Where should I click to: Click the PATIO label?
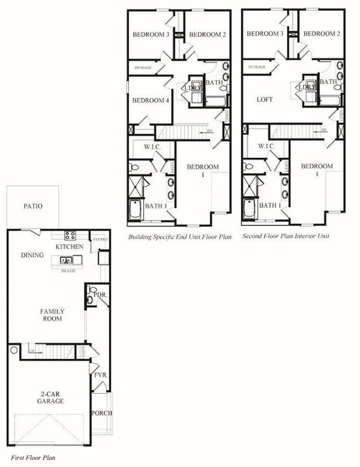pos(33,207)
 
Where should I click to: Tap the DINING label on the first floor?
pos(32,255)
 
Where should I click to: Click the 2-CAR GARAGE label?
pos(50,397)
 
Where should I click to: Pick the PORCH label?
pos(102,413)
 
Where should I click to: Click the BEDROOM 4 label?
pos(150,100)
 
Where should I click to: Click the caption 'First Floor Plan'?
pos(33,458)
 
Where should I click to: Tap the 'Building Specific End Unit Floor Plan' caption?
pos(175,234)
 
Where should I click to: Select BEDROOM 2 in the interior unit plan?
pos(320,34)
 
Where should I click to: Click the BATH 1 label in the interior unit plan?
pos(270,205)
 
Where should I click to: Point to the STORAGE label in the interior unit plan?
pos(257,68)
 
